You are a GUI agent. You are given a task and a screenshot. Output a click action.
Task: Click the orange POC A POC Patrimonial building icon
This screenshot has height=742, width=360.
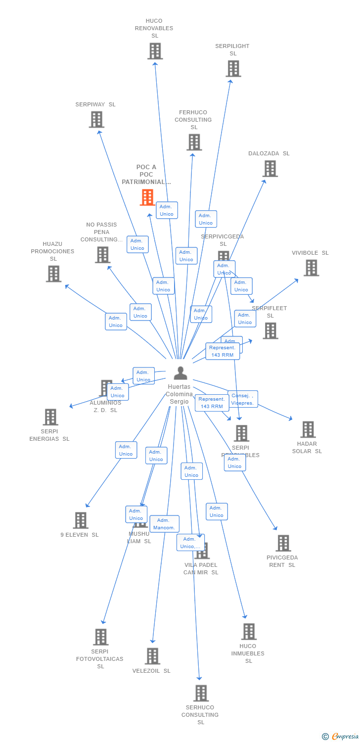tap(147, 197)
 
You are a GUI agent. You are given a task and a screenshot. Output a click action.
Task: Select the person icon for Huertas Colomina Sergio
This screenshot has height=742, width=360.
tap(180, 373)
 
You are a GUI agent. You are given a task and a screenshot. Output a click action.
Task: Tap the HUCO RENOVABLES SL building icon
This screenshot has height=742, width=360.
tap(155, 51)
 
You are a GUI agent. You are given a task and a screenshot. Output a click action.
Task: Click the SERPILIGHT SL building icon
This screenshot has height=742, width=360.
tap(233, 69)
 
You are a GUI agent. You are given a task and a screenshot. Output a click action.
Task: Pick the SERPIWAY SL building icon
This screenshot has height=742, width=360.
tap(96, 120)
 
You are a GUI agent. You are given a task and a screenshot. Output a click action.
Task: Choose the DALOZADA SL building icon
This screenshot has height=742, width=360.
tap(270, 169)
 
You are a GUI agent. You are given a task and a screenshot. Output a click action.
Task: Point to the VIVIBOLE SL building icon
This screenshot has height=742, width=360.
tap(311, 268)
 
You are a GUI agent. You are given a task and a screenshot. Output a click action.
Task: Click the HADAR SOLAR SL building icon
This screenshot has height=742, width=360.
tap(308, 429)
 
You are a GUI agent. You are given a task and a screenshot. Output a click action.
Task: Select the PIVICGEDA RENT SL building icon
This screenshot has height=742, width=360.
tap(283, 543)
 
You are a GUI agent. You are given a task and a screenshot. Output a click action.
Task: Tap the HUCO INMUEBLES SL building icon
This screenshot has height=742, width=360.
tap(248, 632)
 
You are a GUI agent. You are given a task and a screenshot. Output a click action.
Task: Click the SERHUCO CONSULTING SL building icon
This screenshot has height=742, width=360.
tap(201, 693)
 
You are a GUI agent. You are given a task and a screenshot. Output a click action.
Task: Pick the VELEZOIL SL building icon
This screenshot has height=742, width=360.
tap(152, 656)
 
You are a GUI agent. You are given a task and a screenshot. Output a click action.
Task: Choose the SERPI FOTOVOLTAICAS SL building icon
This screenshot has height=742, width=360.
tap(100, 637)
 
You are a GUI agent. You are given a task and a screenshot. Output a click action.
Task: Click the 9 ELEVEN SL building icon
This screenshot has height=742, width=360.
tap(81, 520)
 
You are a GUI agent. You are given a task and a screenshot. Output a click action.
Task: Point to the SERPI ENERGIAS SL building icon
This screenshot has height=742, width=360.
tap(50, 417)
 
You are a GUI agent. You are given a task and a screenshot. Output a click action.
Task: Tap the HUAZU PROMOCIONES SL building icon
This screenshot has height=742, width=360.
tap(53, 274)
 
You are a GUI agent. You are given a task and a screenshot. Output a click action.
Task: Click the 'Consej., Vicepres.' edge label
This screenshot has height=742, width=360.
tap(243, 399)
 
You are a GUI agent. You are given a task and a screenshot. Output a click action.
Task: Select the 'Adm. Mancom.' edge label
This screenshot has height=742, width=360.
tap(164, 524)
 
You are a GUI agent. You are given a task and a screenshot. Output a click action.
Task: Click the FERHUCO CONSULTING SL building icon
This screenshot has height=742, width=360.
tap(194, 142)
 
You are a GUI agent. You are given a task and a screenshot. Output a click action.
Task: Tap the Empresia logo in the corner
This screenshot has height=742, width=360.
tap(341, 737)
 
